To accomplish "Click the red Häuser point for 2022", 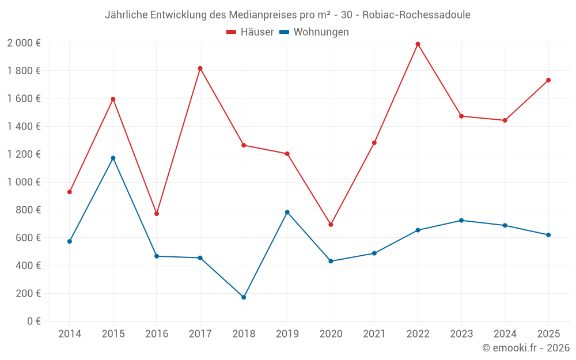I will (418, 44).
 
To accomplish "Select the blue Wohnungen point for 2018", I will (244, 297).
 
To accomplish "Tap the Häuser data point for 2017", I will (200, 68).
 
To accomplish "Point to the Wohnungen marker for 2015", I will (113, 158).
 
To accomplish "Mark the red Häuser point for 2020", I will (331, 225).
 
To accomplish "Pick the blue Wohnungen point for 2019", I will (287, 212).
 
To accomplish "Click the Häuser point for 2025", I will (548, 80).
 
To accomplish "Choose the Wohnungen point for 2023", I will (461, 220).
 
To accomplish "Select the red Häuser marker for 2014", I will (70, 192).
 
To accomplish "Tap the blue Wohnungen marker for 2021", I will (374, 253).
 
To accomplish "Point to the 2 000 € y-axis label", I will (24, 43).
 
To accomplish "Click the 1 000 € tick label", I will (24, 182).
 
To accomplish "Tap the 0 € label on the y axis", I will (33, 321).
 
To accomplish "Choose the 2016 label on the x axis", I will (157, 334).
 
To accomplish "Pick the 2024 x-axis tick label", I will (505, 334).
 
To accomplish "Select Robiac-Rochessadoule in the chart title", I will (416, 15).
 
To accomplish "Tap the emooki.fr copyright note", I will (526, 348).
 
